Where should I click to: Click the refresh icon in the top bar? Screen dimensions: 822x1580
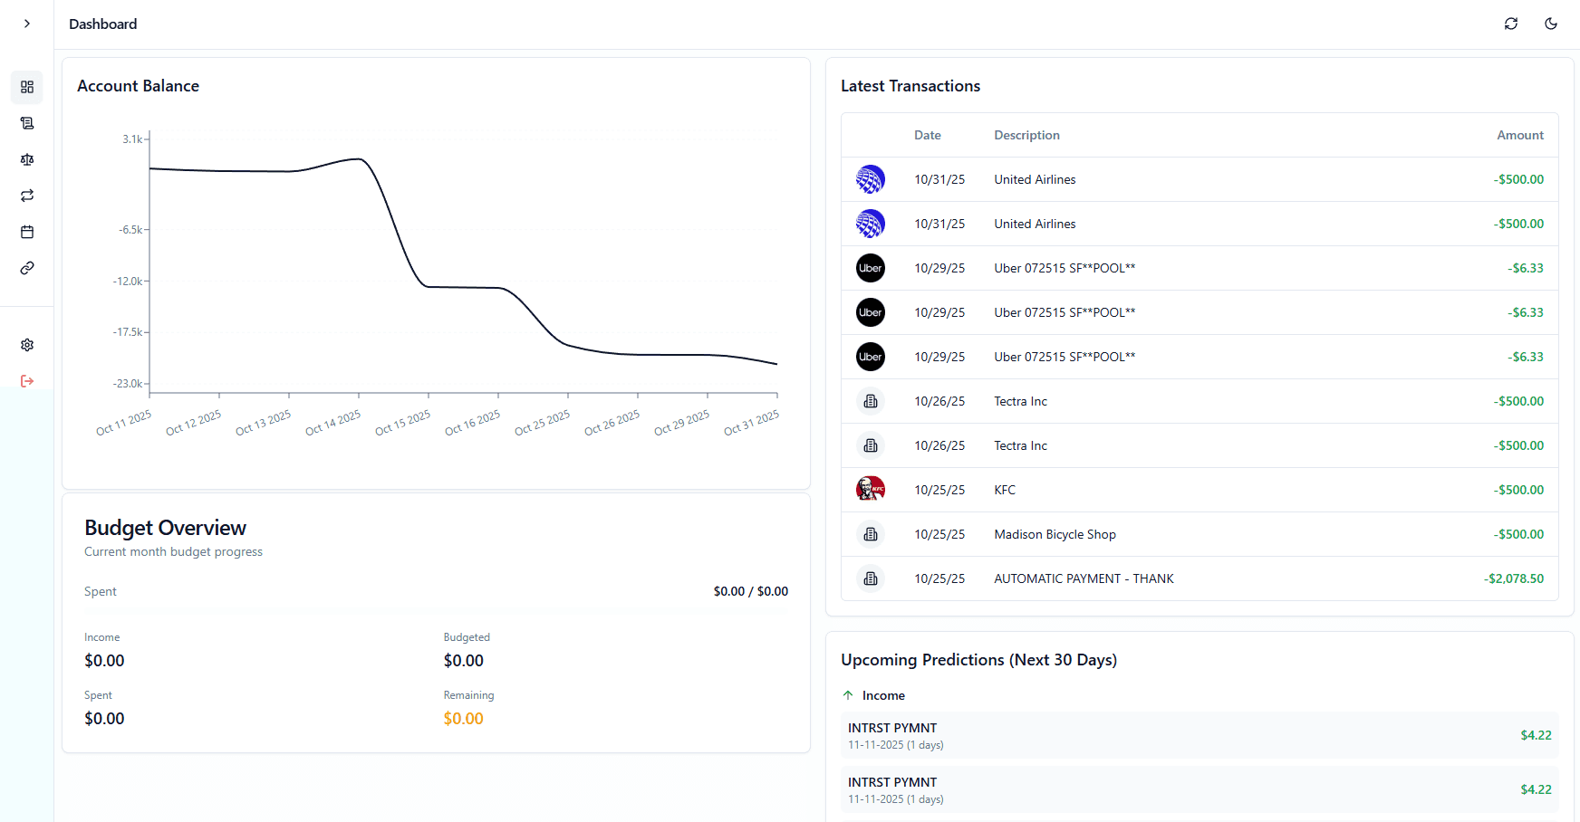click(x=1510, y=24)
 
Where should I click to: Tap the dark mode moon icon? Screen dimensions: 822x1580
click(x=1550, y=24)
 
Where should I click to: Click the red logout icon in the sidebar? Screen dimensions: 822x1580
click(x=27, y=381)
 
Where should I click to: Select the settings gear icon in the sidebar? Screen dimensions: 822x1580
click(x=27, y=345)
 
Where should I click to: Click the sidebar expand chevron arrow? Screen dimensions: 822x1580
click(x=27, y=24)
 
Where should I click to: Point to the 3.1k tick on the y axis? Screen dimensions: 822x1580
click(x=133, y=139)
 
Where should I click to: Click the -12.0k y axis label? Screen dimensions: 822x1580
click(x=128, y=282)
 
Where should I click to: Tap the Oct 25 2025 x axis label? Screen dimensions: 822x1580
click(x=542, y=423)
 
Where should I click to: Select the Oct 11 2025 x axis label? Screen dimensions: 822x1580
click(x=123, y=423)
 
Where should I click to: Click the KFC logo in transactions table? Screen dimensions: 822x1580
click(x=870, y=490)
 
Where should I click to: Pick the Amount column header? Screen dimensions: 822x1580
click(x=1519, y=135)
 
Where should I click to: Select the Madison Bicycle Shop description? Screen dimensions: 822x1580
click(x=1055, y=534)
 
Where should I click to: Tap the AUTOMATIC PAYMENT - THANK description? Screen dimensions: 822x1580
click(x=1084, y=578)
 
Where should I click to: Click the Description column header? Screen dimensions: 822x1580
click(x=1026, y=135)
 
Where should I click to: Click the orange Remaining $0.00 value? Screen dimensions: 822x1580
click(x=463, y=719)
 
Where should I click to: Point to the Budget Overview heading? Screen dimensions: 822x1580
click(x=165, y=528)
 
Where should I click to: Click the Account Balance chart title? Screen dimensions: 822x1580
click(x=138, y=86)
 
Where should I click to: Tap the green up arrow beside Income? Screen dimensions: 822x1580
click(x=848, y=695)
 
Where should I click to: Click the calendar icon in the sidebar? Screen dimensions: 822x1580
click(x=27, y=232)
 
